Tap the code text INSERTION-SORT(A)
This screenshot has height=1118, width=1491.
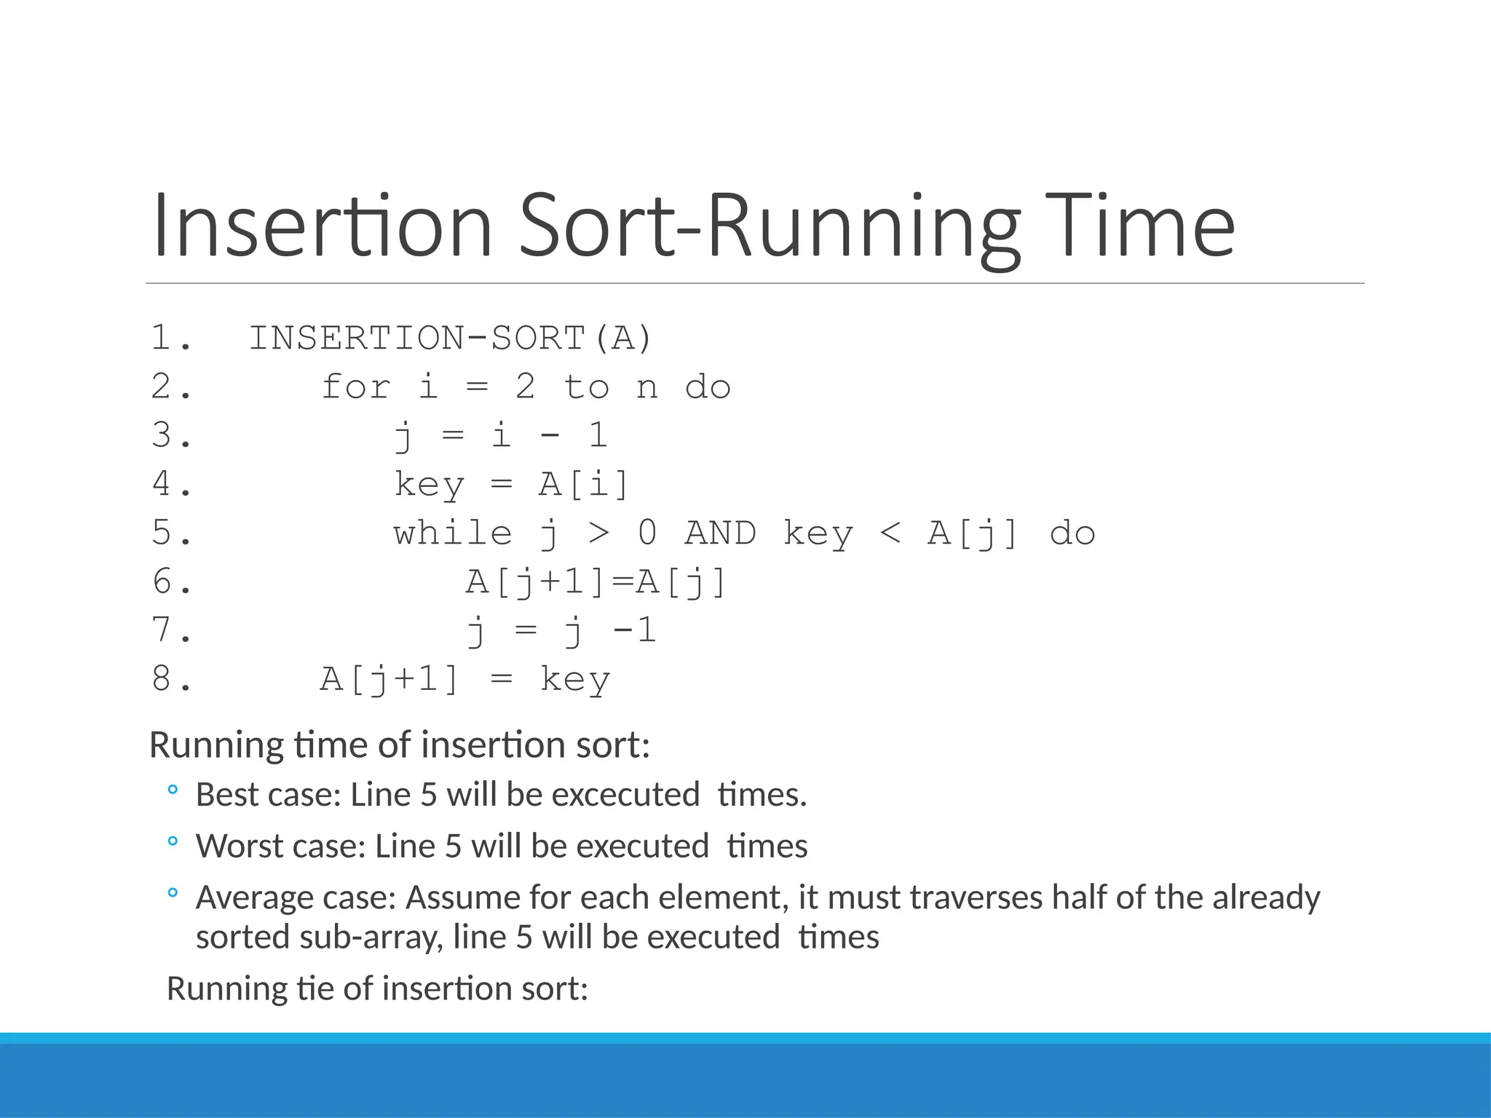tap(451, 338)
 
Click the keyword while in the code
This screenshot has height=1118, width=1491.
tap(453, 533)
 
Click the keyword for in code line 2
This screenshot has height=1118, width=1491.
tap(356, 386)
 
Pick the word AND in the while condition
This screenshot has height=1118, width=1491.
tap(720, 533)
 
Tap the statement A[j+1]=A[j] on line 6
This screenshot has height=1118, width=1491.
tap(596, 582)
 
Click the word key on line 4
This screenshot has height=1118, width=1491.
tap(429, 485)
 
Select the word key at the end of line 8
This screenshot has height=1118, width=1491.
tap(575, 680)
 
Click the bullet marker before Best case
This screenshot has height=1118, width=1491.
tap(172, 790)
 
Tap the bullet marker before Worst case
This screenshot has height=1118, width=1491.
tap(172, 842)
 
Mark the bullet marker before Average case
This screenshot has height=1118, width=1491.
tap(172, 892)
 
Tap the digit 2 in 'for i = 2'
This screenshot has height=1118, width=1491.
tap(525, 386)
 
